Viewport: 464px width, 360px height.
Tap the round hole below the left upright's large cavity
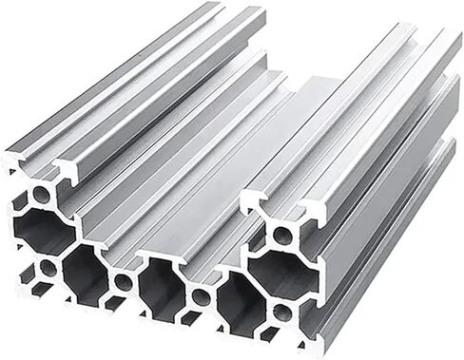[x=48, y=269]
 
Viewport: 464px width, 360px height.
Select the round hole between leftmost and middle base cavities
[x=123, y=282]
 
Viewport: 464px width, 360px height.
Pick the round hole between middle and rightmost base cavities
[x=201, y=297]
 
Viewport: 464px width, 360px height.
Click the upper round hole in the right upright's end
[x=282, y=235]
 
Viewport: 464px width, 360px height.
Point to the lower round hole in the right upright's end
[x=282, y=312]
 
